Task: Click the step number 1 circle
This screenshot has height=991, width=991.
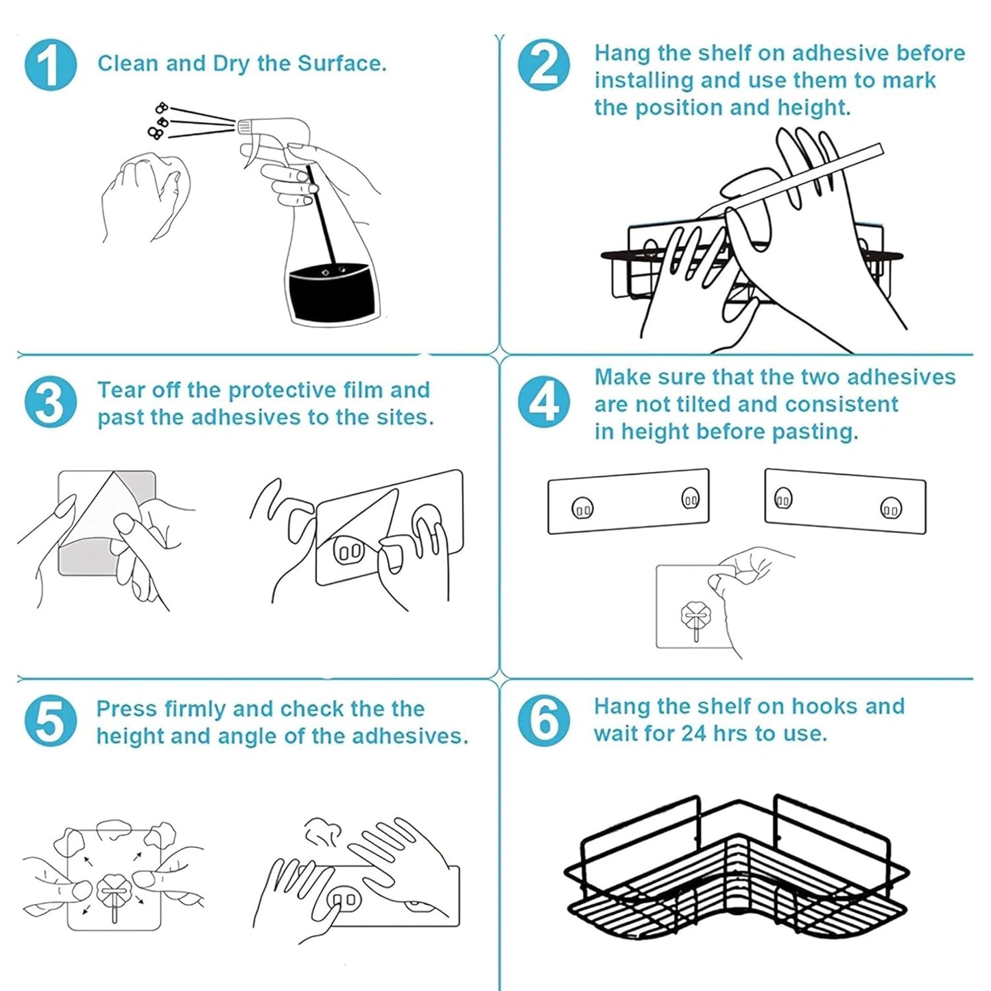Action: pyautogui.click(x=50, y=64)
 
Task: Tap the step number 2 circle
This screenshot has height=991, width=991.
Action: pyautogui.click(x=543, y=64)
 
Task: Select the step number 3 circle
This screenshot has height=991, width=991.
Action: pyautogui.click(x=50, y=402)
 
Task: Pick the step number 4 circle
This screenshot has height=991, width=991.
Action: pyautogui.click(x=543, y=402)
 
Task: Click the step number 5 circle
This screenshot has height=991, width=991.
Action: pyautogui.click(x=50, y=721)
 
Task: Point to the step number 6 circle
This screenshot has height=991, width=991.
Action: pyautogui.click(x=543, y=721)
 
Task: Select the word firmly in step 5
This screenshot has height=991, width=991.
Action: pyautogui.click(x=195, y=708)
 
